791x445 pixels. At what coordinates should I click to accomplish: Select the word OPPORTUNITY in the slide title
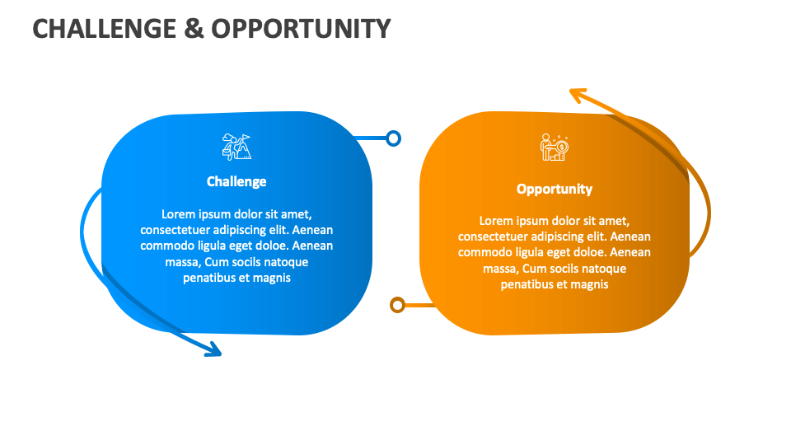click(x=301, y=29)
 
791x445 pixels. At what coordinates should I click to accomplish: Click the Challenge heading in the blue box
click(x=236, y=181)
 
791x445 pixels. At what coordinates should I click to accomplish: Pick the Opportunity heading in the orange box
click(x=555, y=189)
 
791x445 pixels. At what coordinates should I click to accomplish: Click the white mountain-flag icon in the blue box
click(x=236, y=147)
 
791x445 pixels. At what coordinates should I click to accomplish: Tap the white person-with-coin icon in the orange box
click(x=555, y=148)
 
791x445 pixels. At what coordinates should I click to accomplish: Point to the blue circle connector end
click(x=394, y=138)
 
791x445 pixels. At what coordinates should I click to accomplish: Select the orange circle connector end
click(x=397, y=305)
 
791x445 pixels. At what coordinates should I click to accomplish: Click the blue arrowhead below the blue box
click(x=213, y=349)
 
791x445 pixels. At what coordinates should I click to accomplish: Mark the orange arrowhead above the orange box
click(x=578, y=97)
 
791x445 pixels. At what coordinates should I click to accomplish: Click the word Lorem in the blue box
click(x=178, y=214)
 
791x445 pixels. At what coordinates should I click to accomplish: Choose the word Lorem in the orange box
click(x=496, y=221)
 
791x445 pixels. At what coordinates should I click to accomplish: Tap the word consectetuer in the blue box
click(x=176, y=230)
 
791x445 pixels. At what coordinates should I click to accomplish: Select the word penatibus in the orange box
click(x=528, y=284)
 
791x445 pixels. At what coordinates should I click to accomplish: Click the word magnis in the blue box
click(x=273, y=278)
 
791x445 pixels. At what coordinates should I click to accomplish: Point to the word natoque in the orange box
click(x=606, y=269)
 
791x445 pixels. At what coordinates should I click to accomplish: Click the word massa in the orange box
click(x=499, y=269)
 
